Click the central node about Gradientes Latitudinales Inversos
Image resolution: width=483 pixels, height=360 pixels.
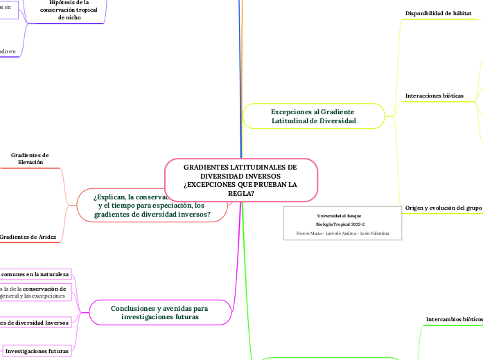coord(240,180)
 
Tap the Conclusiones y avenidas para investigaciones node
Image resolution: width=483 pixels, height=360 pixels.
coord(159,312)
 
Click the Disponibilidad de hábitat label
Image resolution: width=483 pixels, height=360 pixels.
coord(438,13)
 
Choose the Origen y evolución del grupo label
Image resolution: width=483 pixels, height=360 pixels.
coord(443,208)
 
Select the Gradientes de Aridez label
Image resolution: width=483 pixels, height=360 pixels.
coord(28,237)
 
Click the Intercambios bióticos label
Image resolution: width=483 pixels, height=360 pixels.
coord(454,319)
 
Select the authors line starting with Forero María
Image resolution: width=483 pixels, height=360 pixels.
coord(342,233)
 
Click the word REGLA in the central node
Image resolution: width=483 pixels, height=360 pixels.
coord(240,193)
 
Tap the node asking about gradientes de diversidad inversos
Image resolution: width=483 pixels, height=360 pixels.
coord(152,205)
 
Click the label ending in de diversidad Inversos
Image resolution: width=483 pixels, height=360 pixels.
coord(35,323)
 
